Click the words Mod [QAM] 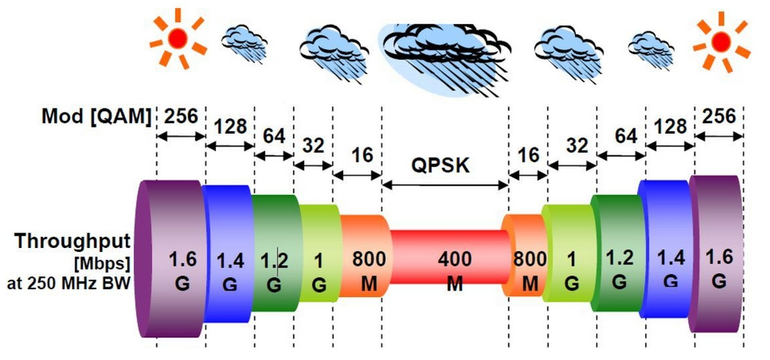(x=96, y=118)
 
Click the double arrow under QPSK (x=445, y=185)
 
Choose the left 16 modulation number (x=362, y=155)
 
